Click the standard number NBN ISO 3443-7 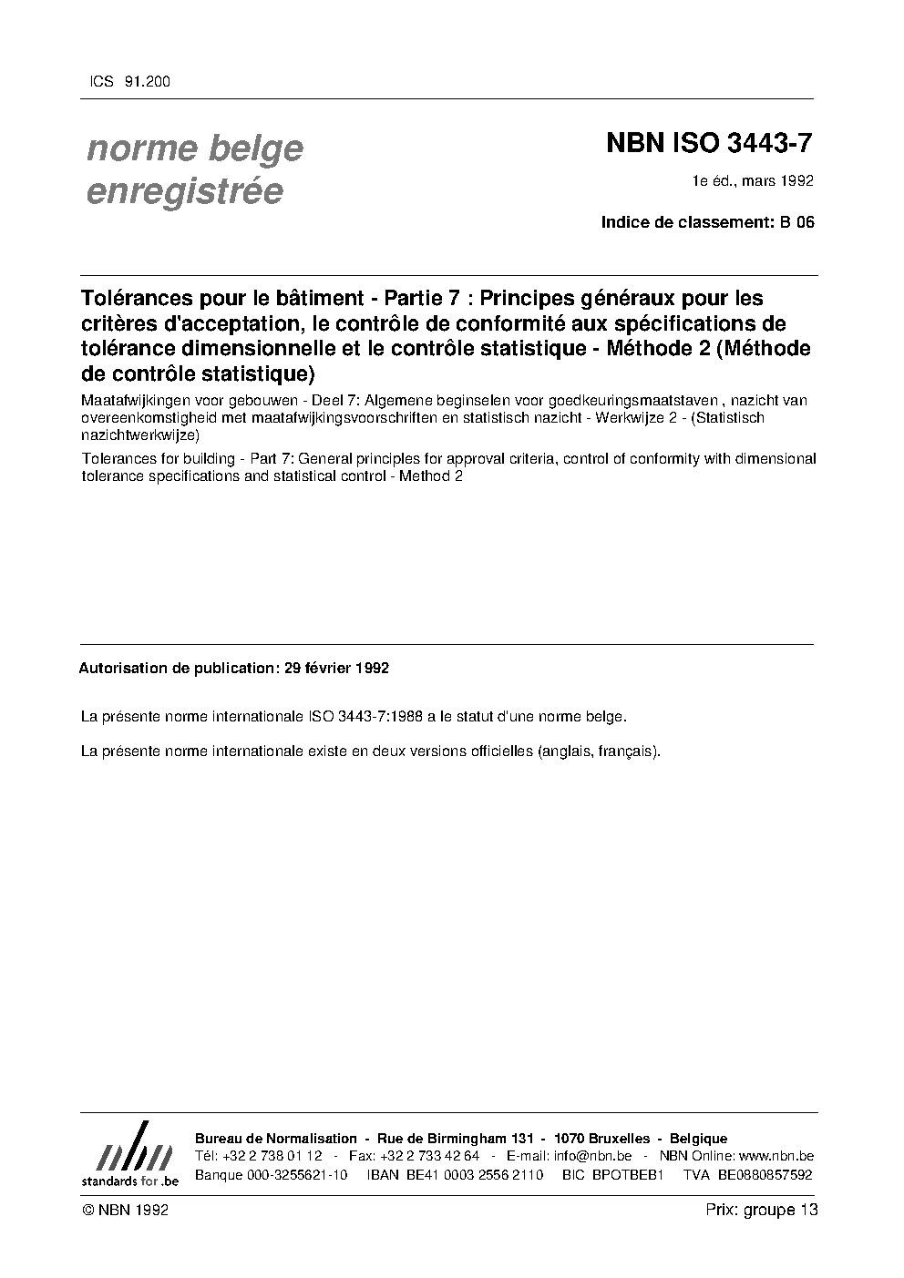(x=709, y=144)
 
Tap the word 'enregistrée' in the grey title (x=184, y=191)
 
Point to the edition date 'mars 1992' (x=777, y=181)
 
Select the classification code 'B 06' (x=796, y=221)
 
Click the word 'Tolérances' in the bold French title (x=132, y=298)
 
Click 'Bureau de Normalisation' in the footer (x=276, y=1139)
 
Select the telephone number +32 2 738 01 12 (x=272, y=1156)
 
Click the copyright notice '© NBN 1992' (x=125, y=1211)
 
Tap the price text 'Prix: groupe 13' (x=761, y=1211)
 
